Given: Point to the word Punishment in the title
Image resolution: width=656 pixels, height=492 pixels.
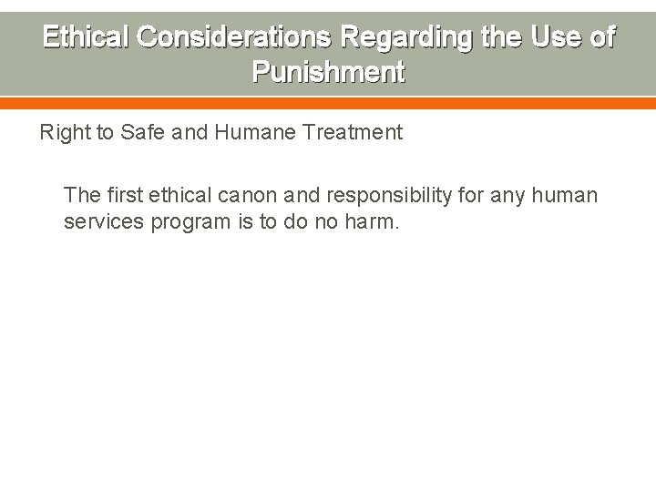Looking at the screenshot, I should (328, 71).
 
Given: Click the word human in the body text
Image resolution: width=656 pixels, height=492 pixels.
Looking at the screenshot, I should (566, 195).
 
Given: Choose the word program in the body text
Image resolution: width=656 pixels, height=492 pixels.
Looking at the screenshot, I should (185, 221).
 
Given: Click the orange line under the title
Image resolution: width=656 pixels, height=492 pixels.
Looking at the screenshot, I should (328, 103).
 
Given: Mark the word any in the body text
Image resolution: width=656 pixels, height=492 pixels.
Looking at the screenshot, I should (511, 195).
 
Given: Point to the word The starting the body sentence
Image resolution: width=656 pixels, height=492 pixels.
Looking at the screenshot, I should (81, 195).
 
